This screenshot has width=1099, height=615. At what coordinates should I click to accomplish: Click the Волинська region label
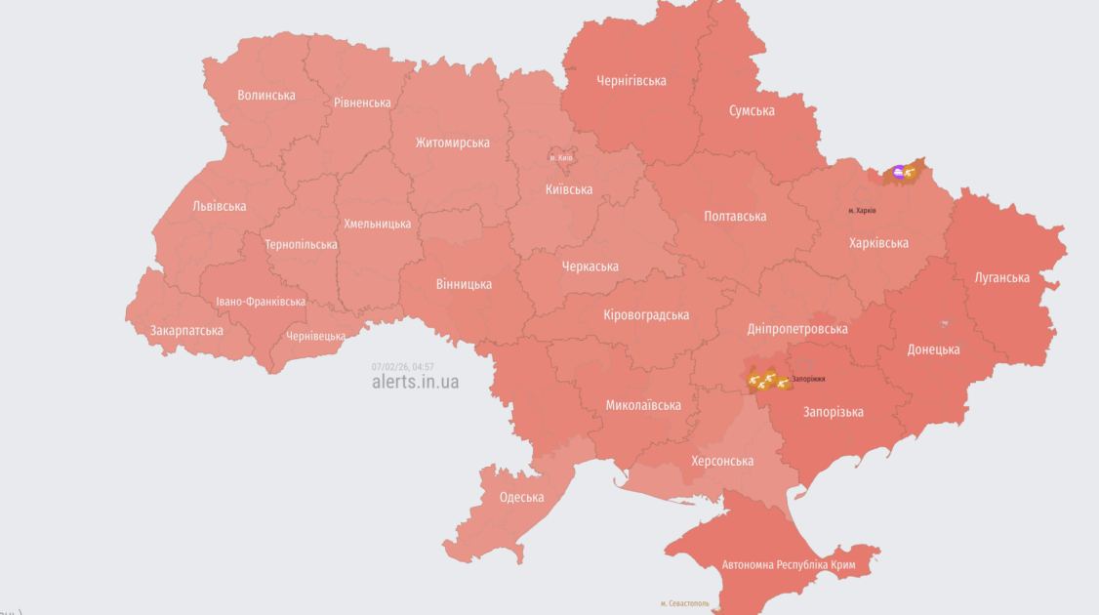pos(265,96)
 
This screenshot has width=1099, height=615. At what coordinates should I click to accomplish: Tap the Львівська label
pos(220,206)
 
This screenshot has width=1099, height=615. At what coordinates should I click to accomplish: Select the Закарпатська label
pos(186,331)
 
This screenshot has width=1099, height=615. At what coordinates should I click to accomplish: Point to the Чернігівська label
pos(631,81)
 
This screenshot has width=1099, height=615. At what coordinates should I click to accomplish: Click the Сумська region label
pos(752,111)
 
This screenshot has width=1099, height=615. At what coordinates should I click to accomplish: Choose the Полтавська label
pos(735,217)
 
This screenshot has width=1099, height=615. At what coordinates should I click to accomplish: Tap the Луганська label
pos(1001,278)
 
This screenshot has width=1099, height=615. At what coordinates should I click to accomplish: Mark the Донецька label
pos(933,349)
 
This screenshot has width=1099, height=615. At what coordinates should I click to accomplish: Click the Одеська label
pos(521,498)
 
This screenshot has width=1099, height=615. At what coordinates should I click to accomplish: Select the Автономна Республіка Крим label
pos(789,565)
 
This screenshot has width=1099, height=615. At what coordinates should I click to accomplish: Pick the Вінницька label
pos(464,285)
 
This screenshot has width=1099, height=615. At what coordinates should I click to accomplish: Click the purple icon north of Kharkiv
pos(899,173)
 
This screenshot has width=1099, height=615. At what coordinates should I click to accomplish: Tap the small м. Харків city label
pos(862,211)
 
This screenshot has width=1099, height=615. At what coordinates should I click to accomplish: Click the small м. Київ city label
pos(561,157)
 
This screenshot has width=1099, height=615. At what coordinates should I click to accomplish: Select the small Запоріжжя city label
pos(808,379)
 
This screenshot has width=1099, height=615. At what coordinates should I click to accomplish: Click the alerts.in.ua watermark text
pos(415,382)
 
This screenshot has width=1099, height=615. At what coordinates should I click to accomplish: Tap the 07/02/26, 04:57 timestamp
pos(402,367)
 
